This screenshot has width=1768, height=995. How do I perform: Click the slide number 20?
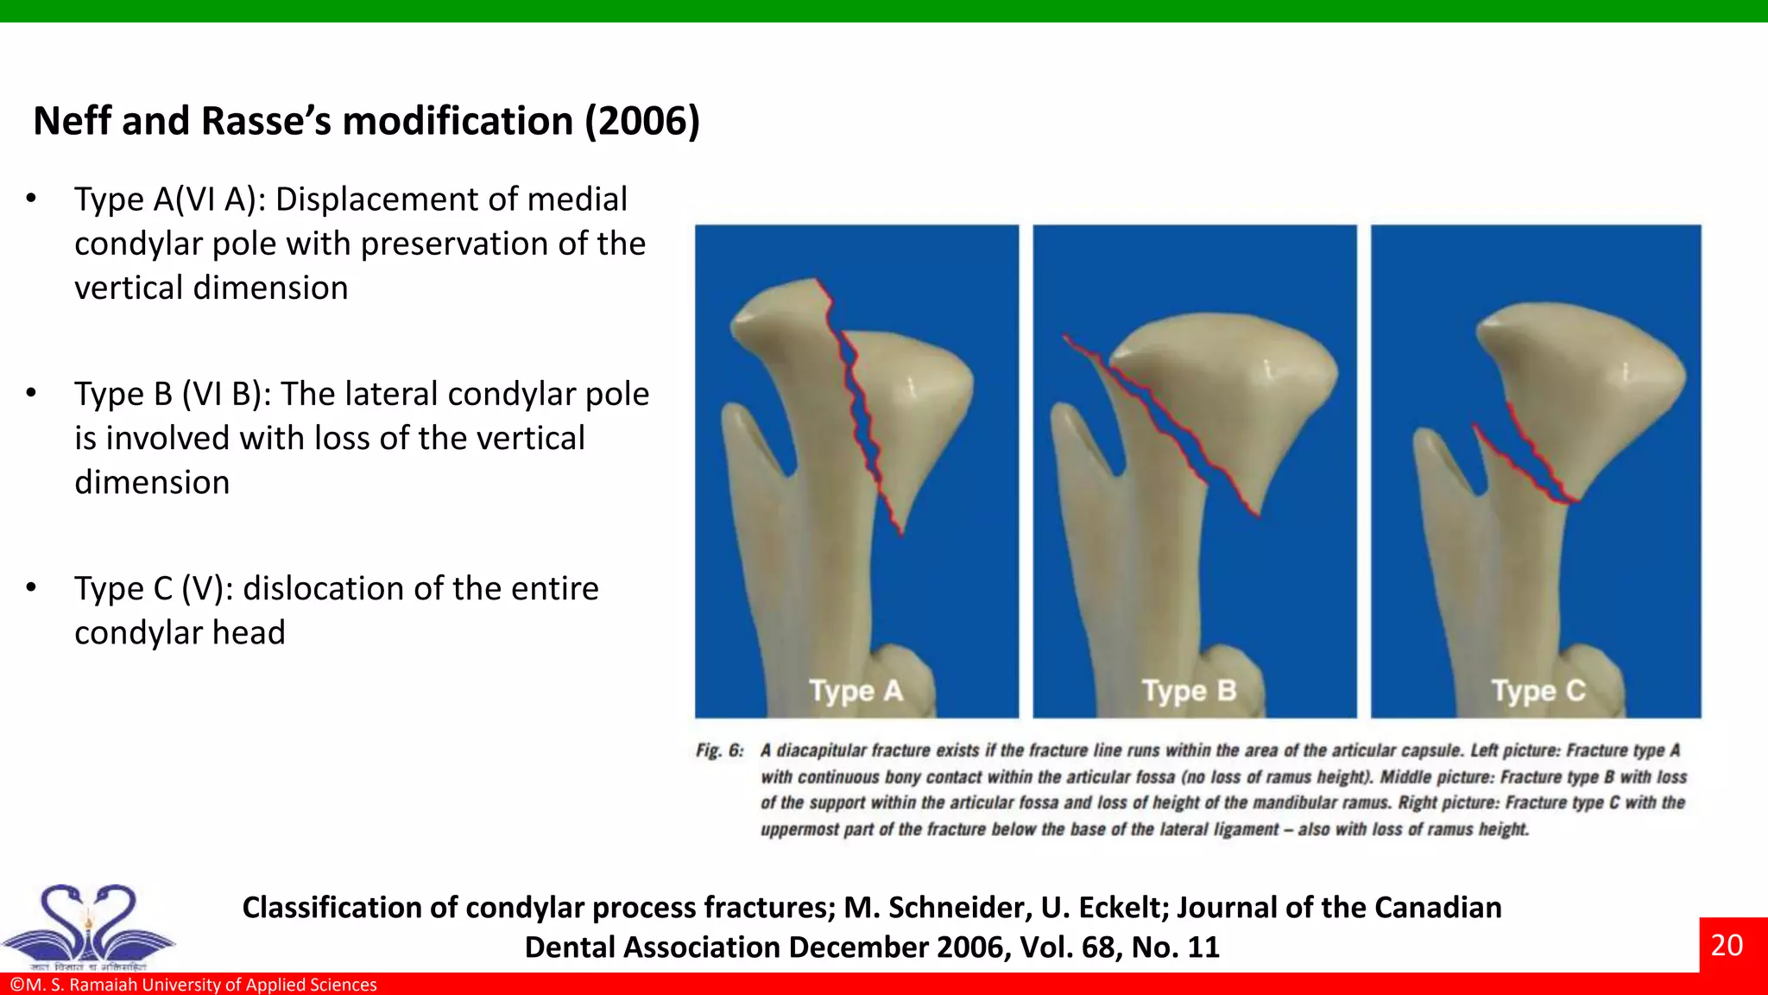1726,945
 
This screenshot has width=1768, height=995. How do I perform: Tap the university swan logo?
88,926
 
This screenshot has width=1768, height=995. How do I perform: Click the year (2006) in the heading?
642,121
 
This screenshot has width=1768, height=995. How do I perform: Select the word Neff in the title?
73,121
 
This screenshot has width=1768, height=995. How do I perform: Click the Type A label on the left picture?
856,691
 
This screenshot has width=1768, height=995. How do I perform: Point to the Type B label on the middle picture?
1189,691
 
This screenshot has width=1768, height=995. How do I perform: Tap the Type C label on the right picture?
1538,691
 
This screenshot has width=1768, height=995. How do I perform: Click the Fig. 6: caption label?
719,751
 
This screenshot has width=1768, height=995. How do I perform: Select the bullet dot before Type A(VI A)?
31,199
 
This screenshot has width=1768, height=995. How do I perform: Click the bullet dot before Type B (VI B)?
31,393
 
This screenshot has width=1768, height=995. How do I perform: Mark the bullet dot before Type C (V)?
31,587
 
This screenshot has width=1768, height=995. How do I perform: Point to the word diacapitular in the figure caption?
821,751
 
